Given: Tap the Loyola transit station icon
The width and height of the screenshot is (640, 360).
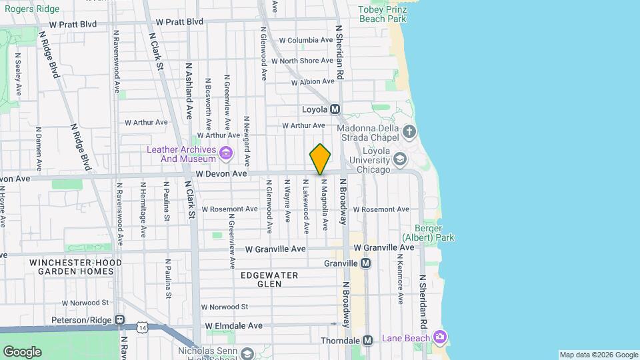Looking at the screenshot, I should point(335,109).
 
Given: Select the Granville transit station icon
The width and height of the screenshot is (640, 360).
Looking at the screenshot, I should point(365,263).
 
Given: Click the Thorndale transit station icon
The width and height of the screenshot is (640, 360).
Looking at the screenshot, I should point(367,340).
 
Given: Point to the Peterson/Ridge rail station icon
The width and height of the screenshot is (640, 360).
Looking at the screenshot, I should point(119,320).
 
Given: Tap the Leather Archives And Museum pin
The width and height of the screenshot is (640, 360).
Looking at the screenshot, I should point(226,155).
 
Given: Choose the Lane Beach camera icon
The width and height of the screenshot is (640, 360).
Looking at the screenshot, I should point(439,337).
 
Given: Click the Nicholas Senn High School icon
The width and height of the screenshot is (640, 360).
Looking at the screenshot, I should point(247,353).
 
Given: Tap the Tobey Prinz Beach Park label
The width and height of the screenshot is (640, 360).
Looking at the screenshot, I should point(383,14).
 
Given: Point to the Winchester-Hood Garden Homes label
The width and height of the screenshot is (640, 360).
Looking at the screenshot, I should point(75,267).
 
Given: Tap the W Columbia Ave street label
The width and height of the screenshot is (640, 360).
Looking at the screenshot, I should point(305,40).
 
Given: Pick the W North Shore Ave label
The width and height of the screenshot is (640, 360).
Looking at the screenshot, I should point(306,61).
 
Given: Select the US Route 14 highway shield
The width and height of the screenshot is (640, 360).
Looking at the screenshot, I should point(142,328).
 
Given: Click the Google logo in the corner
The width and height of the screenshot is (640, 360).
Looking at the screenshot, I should point(22,351).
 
